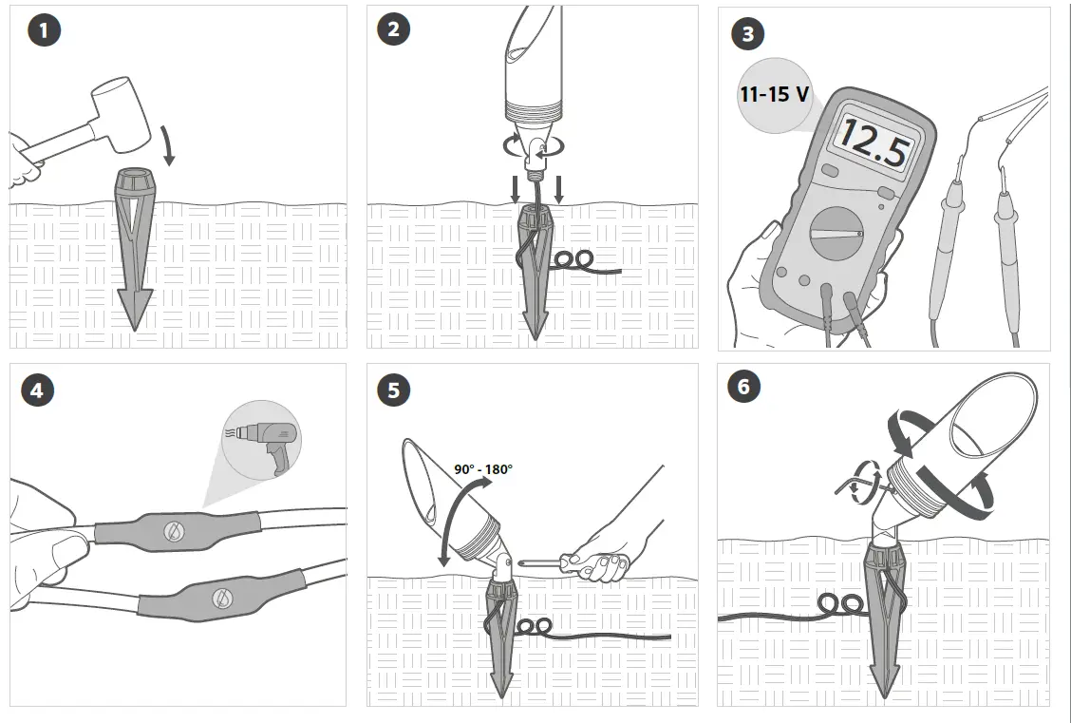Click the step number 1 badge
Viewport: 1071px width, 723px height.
click(45, 30)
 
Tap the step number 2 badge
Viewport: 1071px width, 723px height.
click(393, 29)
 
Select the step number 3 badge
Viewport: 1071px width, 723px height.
click(748, 34)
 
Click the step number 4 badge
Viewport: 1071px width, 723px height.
click(37, 390)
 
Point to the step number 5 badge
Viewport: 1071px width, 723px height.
click(393, 390)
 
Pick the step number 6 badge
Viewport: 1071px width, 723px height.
click(743, 387)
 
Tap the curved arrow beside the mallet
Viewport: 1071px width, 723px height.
click(167, 144)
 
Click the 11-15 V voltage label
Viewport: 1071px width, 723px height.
click(775, 94)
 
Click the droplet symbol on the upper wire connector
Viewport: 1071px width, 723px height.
click(174, 531)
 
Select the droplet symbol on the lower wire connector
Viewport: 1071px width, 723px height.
click(222, 599)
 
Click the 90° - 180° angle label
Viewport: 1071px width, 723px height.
click(483, 469)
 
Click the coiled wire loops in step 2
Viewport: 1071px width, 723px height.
click(573, 259)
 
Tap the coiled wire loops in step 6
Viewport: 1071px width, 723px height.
click(839, 604)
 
